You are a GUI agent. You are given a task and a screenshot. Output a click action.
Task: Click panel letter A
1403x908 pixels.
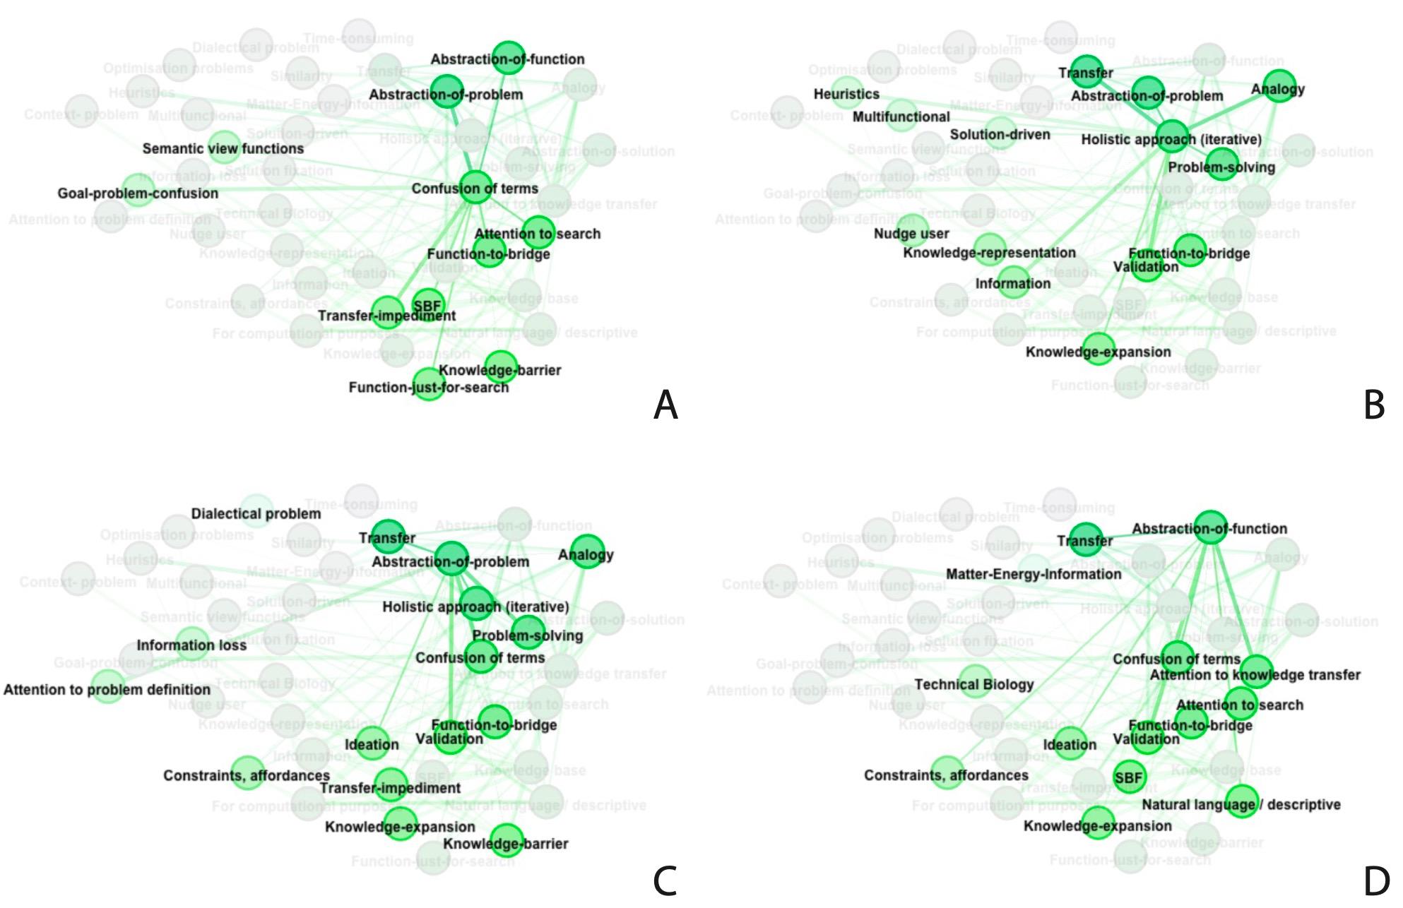click(x=665, y=405)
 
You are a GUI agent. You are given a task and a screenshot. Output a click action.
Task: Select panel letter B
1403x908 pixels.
click(x=1374, y=405)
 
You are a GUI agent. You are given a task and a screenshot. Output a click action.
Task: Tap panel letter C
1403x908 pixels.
click(x=665, y=880)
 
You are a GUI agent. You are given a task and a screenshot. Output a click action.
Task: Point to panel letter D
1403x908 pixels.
click(x=1376, y=881)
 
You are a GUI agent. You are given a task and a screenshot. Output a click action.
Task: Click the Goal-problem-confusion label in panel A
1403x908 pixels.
click(x=138, y=193)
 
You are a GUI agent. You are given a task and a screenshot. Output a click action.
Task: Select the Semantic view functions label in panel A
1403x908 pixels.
click(x=223, y=149)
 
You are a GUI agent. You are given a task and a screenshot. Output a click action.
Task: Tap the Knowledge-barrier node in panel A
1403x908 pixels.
click(x=502, y=366)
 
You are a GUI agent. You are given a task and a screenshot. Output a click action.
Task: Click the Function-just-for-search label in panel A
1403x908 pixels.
click(x=428, y=388)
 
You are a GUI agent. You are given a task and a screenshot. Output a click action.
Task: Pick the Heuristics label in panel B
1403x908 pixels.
click(x=846, y=94)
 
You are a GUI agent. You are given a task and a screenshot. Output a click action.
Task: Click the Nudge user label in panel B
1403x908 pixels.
click(x=911, y=234)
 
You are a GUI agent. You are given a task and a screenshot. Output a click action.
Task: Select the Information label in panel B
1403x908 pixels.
click(x=1012, y=284)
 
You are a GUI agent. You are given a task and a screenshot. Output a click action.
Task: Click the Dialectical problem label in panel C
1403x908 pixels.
click(x=256, y=514)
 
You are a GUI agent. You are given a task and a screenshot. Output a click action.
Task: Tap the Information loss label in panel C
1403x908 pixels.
click(x=191, y=645)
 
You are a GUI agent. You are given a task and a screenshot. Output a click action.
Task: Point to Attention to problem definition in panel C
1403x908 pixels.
click(x=107, y=690)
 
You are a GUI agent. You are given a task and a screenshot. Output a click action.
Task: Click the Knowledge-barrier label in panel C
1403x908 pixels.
click(x=506, y=844)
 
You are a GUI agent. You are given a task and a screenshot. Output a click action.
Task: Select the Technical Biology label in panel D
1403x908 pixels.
click(x=973, y=684)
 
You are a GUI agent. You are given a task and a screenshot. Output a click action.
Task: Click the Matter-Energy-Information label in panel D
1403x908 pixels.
click(x=1033, y=575)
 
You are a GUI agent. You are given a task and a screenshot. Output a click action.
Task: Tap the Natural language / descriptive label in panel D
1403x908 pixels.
click(x=1241, y=805)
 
